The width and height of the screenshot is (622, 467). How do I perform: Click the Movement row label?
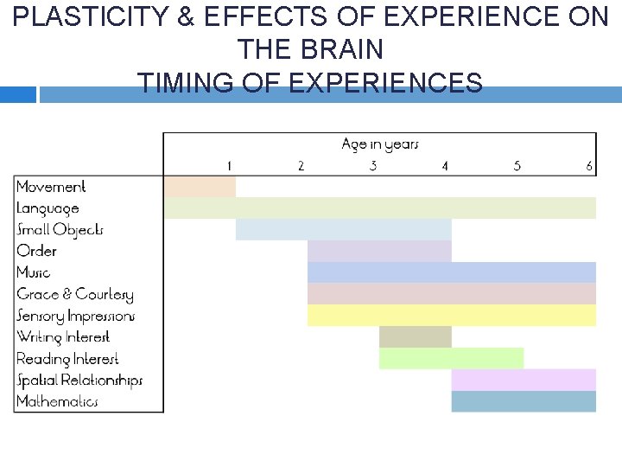(x=51, y=187)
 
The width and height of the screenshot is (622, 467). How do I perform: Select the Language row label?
(x=48, y=208)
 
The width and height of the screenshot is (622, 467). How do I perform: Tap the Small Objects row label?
(x=60, y=230)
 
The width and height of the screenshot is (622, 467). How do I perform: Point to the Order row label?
(x=36, y=251)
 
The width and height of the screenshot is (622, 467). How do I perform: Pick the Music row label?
(x=34, y=272)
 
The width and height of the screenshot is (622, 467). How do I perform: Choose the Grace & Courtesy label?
(x=74, y=294)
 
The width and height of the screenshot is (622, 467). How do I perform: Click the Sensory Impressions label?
(x=75, y=316)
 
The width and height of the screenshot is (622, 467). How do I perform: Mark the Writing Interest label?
(x=63, y=337)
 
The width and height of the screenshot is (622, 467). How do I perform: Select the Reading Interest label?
(x=67, y=359)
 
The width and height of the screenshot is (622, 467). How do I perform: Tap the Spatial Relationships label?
(x=79, y=381)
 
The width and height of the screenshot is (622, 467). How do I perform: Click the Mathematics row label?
(x=57, y=401)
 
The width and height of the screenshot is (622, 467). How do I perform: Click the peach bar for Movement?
(x=200, y=186)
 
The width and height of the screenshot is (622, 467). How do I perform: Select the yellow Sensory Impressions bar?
(x=451, y=316)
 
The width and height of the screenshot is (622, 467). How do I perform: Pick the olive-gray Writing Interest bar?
(x=415, y=337)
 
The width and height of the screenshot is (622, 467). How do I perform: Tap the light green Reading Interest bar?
(x=451, y=358)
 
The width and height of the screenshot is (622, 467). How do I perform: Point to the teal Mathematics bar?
(x=523, y=401)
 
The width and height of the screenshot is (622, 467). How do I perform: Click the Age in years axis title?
(x=379, y=144)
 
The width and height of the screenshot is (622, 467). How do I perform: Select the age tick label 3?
(x=372, y=166)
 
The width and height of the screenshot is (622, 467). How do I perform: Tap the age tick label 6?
(x=589, y=166)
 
